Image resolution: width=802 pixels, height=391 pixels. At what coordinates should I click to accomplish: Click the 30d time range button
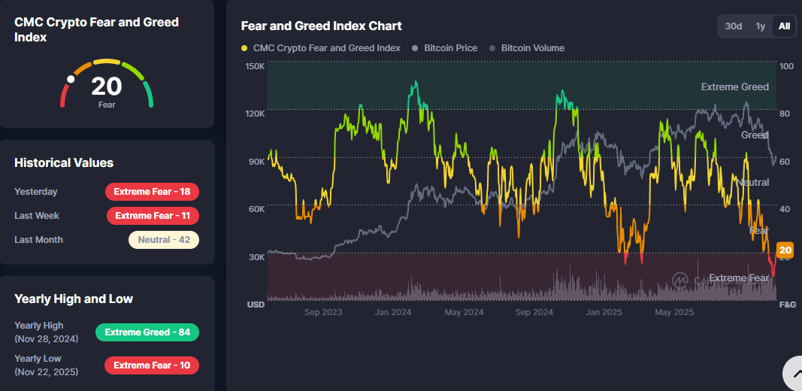733,26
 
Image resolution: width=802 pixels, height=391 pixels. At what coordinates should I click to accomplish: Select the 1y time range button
761,26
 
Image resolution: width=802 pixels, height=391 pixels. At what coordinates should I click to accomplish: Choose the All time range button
784,26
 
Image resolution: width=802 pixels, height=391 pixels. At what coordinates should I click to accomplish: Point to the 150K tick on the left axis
255,66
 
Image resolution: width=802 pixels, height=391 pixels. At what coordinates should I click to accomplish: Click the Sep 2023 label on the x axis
323,312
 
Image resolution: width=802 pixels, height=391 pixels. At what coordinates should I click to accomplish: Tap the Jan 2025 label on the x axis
604,312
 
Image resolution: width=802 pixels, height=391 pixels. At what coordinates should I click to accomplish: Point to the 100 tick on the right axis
786,66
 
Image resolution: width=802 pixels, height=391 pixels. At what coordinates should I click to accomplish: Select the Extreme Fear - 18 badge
152,192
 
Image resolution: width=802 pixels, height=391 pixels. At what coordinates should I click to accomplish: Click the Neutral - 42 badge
163,240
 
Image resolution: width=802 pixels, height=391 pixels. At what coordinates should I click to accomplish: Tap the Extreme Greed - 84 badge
147,332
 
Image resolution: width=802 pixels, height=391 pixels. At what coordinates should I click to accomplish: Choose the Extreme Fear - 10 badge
152,365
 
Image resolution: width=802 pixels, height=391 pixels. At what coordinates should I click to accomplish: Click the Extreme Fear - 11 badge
153,216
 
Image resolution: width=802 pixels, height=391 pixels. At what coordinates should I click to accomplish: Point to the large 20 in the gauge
107,86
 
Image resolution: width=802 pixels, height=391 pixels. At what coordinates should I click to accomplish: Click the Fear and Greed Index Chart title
321,26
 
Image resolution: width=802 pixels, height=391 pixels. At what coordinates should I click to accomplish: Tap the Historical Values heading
64,162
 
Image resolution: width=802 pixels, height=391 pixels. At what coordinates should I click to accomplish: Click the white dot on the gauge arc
71,78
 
